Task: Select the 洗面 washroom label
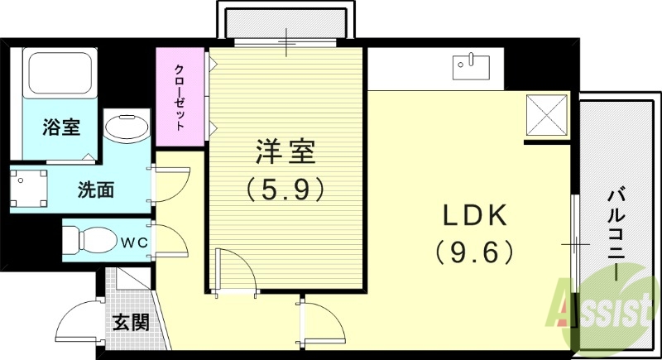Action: (x=96, y=190)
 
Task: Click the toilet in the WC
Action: (x=90, y=240)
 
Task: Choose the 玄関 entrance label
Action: (x=132, y=321)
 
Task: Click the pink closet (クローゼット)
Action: (x=179, y=96)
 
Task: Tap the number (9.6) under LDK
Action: (x=474, y=250)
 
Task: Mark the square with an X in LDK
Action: (x=547, y=113)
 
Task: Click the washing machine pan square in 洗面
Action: (x=30, y=190)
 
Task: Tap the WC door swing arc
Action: (x=170, y=241)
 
